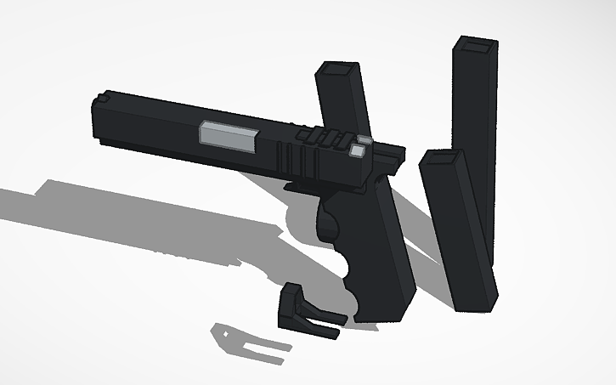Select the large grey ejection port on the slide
click(229, 138)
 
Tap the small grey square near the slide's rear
click(359, 151)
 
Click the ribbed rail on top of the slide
click(323, 135)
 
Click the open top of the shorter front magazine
click(441, 158)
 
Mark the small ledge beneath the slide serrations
click(302, 184)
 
